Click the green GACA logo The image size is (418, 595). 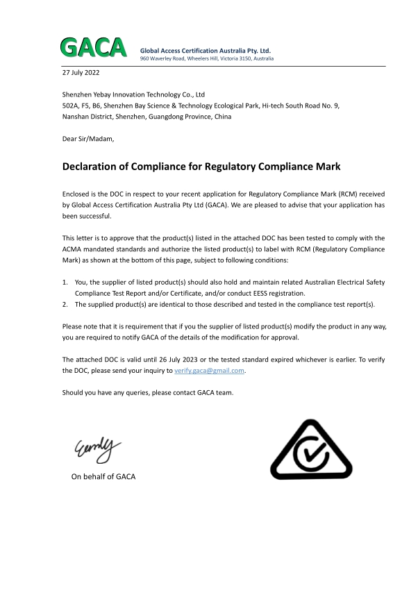pos(93,47)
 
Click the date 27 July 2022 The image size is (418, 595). pos(82,73)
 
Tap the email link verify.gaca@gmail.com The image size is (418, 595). pos(209,371)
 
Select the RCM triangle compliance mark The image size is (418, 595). pos(310,451)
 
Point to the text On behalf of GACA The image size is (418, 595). pos(103,476)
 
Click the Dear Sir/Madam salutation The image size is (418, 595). pos(87,139)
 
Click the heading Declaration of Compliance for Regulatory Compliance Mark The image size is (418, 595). pos(201,167)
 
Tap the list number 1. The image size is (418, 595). pos(65,283)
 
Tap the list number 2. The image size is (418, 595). pos(65,305)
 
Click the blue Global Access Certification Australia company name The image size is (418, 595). pos(206,51)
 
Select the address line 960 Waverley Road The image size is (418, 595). pos(207,59)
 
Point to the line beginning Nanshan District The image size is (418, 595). pos(147,117)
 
